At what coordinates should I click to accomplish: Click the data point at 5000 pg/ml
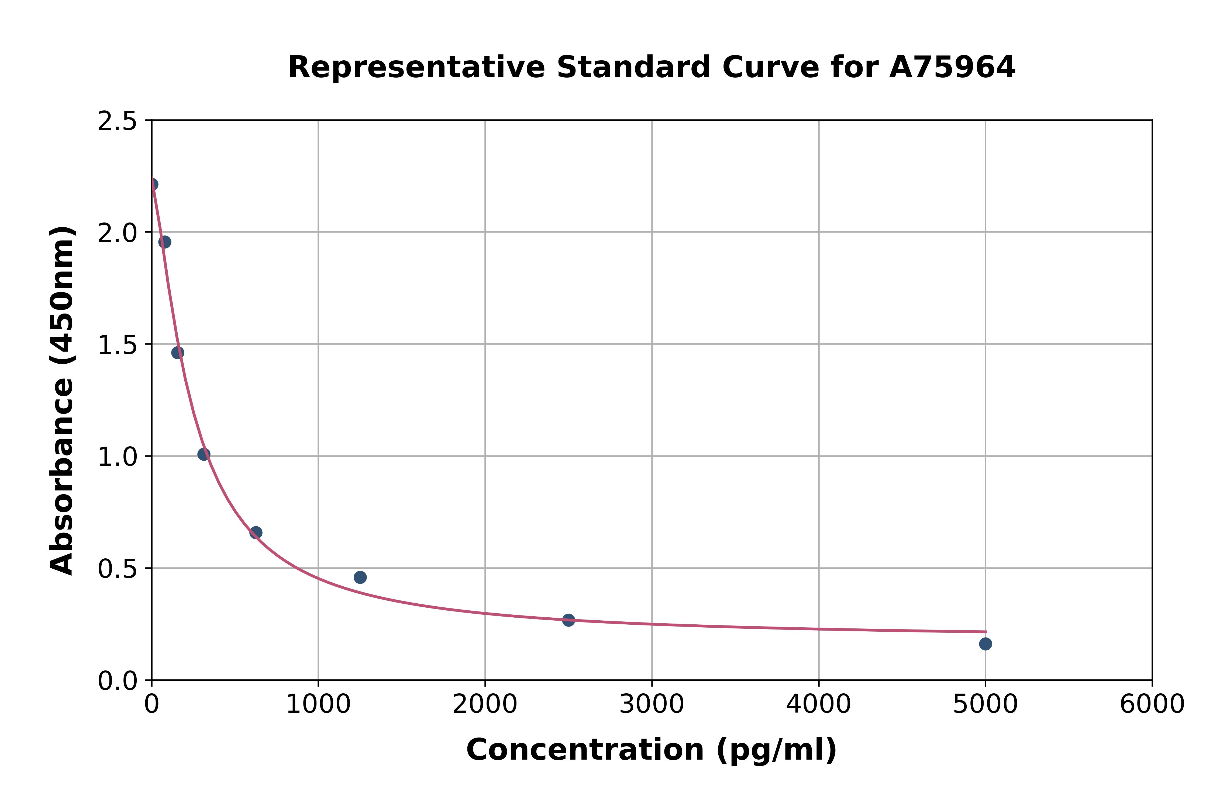[x=985, y=644]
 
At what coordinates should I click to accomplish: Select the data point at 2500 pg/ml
[x=569, y=620]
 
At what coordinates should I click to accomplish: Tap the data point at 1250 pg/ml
[x=360, y=577]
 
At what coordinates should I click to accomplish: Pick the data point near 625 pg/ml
[x=256, y=533]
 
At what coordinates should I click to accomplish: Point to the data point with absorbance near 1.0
[x=204, y=454]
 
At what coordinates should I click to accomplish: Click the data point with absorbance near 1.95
[x=165, y=242]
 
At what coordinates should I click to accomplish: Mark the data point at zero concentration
[x=152, y=184]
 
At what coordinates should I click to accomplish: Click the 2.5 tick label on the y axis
[x=118, y=121]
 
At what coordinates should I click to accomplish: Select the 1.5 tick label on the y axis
[x=118, y=345]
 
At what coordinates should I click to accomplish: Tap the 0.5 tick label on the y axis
[x=118, y=569]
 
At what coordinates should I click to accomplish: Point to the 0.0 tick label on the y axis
[x=118, y=681]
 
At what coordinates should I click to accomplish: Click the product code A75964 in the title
[x=952, y=67]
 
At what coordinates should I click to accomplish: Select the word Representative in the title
[x=416, y=67]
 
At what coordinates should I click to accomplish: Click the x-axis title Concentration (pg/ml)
[x=652, y=750]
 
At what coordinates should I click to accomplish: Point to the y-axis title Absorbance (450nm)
[x=62, y=401]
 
